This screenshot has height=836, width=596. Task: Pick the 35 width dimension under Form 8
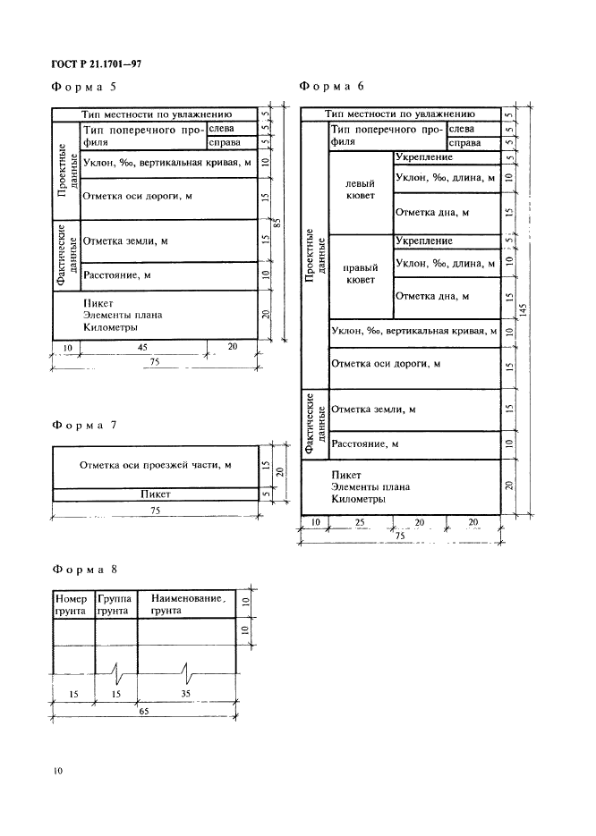point(186,693)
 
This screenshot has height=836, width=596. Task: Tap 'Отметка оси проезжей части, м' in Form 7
point(156,465)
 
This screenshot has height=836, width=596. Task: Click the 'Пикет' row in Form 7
point(156,494)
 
